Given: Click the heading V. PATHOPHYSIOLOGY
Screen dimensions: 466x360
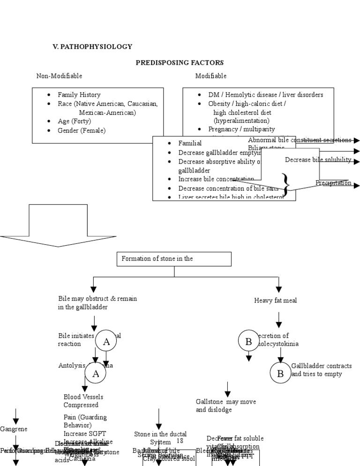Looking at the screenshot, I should pos(92,47).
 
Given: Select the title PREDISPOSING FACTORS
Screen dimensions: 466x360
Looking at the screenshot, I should pos(180,62).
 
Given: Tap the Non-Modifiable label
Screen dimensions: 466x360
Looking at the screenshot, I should pos(60,76).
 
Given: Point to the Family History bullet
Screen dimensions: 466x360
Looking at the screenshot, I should pos(79,95).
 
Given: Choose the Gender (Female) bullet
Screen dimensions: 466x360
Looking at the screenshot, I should pos(82,130).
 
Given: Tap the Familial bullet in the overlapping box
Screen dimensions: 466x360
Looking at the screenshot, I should pos(190,143).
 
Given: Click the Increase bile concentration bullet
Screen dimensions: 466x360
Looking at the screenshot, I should pos(216,179).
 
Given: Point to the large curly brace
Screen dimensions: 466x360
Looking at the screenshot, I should pos(285,182).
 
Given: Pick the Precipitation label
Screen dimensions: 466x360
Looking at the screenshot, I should pos(333,183).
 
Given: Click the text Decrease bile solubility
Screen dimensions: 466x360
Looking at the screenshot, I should pos(318,160).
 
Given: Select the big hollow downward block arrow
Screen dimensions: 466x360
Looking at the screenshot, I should pos(58,225).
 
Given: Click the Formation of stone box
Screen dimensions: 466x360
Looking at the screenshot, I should pos(174,259).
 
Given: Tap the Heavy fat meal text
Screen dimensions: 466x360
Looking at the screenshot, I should pos(276,301).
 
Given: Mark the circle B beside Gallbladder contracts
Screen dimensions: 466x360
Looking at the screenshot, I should pos(280,373).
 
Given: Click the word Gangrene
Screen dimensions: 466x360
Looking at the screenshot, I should pos(14,429).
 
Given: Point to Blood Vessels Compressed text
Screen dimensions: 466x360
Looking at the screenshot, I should pos(83,401).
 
